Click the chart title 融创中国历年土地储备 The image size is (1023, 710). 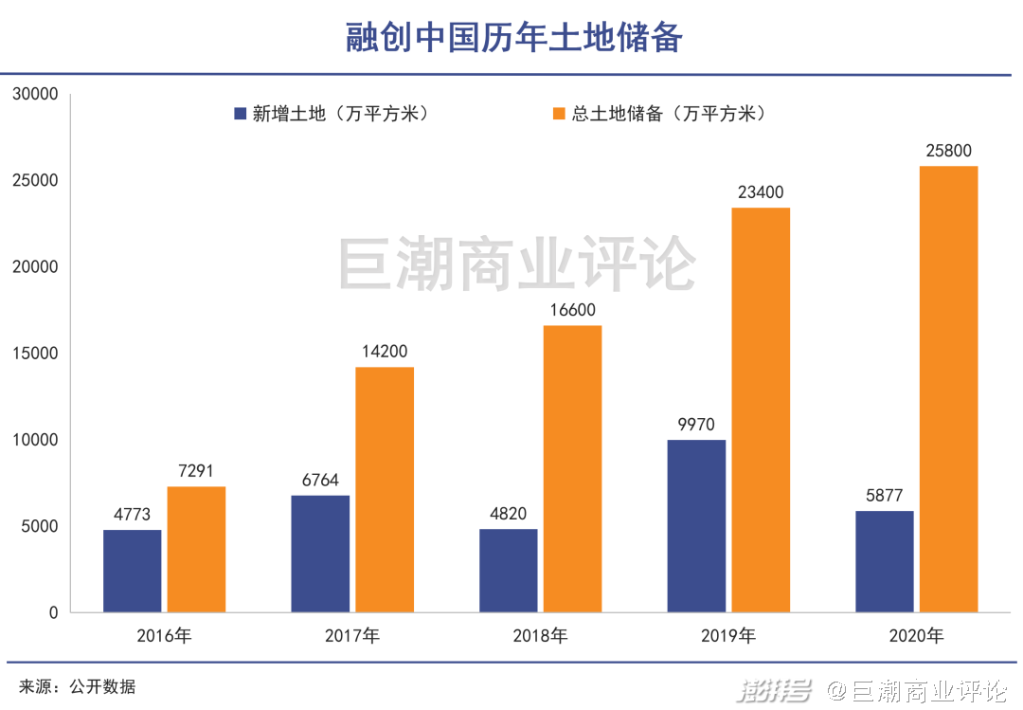[x=512, y=38]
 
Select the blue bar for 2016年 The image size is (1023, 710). [x=133, y=570]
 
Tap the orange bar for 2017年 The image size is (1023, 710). [x=385, y=489]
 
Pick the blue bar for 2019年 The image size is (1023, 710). [x=696, y=525]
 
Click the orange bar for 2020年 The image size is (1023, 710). [x=948, y=389]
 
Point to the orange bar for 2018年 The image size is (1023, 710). [x=572, y=468]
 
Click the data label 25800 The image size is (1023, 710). [x=948, y=151]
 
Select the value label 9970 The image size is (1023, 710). [x=696, y=424]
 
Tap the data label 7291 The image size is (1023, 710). [x=196, y=471]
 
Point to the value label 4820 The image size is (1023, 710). [x=509, y=514]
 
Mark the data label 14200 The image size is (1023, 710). [x=385, y=352]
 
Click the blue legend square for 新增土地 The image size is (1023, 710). [x=241, y=114]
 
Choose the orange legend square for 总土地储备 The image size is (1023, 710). [x=558, y=114]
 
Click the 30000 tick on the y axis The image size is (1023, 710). [x=36, y=95]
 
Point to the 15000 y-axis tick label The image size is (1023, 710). [x=36, y=354]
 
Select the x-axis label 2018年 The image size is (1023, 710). [x=540, y=636]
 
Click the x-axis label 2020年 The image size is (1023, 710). [x=916, y=636]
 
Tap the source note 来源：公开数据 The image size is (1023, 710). [x=78, y=686]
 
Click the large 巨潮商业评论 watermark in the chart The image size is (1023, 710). [x=517, y=264]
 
